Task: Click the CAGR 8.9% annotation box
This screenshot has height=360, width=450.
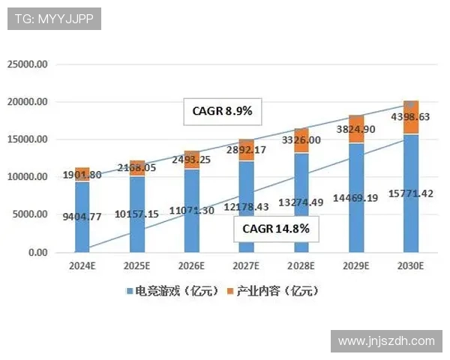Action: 223,112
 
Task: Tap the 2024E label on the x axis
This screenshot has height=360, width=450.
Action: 82,266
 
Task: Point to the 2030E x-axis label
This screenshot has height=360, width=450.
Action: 411,266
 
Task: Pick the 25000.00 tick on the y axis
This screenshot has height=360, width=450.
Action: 28,64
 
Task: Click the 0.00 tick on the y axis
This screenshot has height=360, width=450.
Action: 37,253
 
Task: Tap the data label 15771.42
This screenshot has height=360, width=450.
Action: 410,194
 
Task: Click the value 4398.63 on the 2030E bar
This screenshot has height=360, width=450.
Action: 410,117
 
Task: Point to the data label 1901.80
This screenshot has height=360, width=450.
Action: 82,175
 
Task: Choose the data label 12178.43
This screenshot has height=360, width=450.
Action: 246,206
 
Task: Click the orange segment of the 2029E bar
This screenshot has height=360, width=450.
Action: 356,129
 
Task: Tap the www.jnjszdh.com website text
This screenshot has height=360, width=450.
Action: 386,340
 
